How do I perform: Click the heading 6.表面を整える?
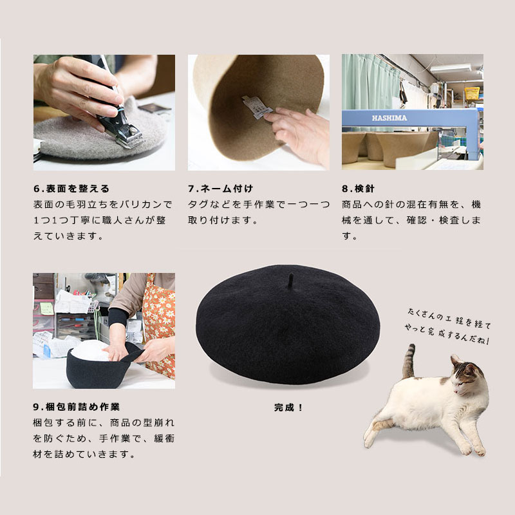click(71, 189)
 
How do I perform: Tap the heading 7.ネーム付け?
click(221, 189)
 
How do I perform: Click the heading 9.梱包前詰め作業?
click(76, 407)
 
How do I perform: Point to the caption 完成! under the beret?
click(288, 407)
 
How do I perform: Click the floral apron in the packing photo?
click(158, 322)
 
